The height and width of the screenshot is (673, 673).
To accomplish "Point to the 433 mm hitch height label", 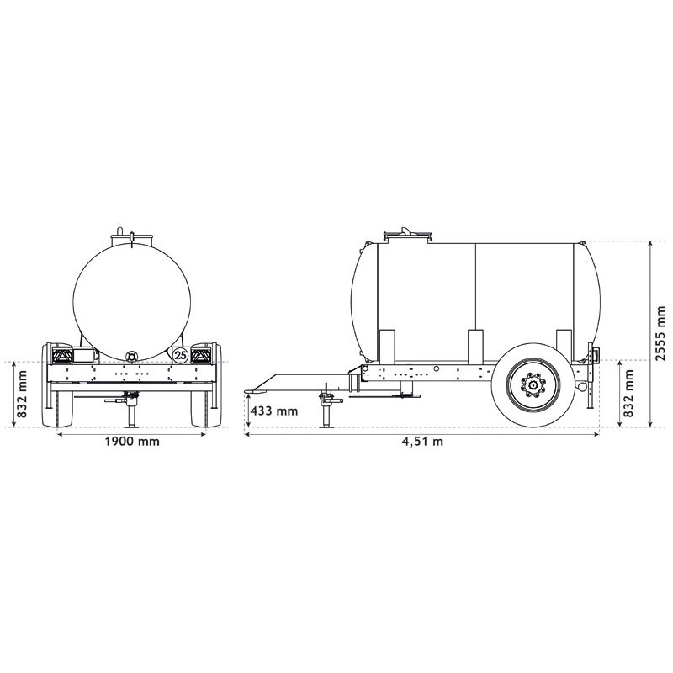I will (x=275, y=411).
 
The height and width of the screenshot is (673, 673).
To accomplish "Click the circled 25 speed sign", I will (x=180, y=355).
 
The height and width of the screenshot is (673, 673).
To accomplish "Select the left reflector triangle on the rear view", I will (x=63, y=357).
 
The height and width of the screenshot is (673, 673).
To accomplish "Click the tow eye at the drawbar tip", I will (x=250, y=389).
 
